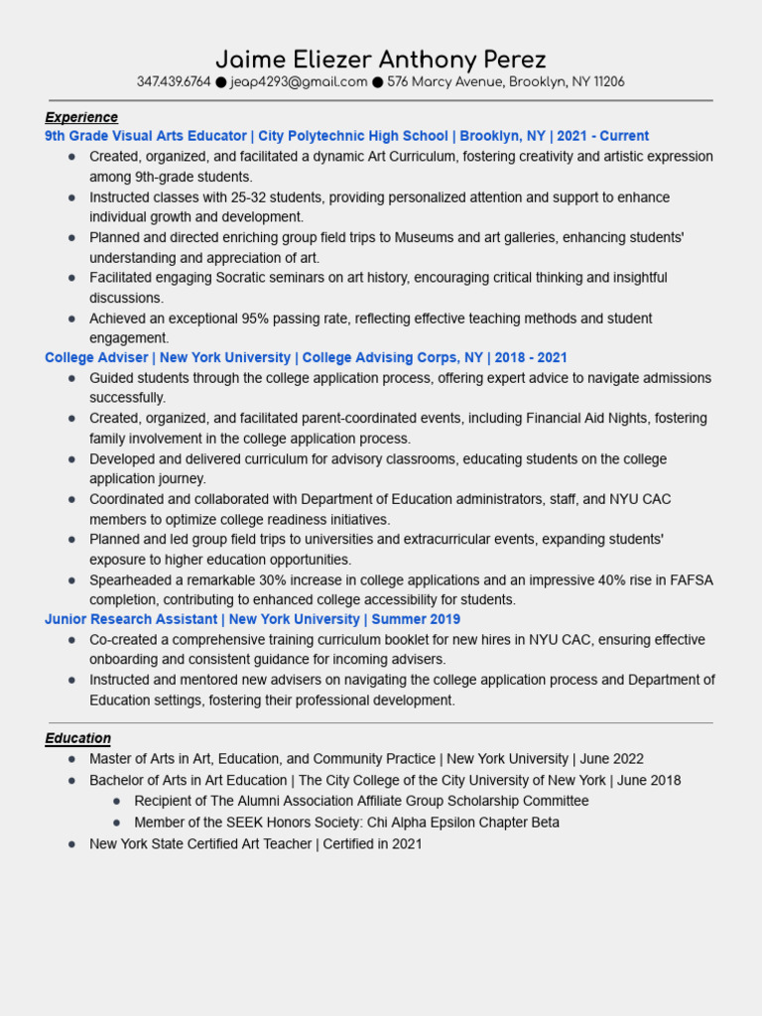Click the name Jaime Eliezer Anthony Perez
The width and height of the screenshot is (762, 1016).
(381, 59)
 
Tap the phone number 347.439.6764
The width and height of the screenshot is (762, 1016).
(174, 82)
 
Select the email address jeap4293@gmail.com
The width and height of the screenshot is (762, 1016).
(299, 82)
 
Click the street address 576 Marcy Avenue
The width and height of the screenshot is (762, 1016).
(445, 82)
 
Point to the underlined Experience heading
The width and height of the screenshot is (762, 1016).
(81, 117)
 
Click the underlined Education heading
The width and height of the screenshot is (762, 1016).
(77, 738)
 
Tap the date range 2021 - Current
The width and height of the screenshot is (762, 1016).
(602, 136)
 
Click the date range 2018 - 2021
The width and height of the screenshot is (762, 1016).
(531, 357)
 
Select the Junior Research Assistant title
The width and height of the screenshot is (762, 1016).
(130, 619)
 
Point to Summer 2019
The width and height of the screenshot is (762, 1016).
(416, 619)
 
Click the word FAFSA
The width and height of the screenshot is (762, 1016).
(691, 579)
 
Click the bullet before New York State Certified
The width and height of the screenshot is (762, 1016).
(71, 844)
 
